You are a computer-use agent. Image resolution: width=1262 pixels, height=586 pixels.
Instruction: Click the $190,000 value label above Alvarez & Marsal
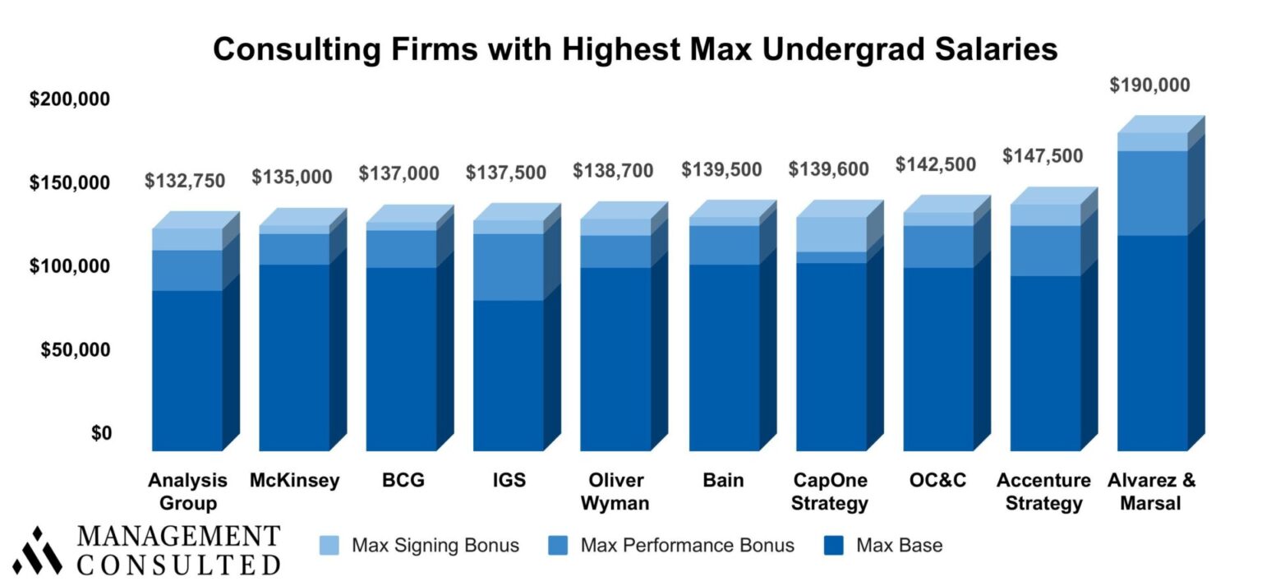(1149, 85)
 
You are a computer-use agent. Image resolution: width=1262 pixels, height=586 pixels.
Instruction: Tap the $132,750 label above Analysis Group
(185, 181)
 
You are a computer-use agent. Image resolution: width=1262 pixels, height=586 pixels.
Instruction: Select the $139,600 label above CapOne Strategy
(828, 169)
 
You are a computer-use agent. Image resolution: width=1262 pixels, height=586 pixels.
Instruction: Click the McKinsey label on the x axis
(294, 481)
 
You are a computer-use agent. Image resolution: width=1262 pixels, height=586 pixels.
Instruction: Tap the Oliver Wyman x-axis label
(615, 491)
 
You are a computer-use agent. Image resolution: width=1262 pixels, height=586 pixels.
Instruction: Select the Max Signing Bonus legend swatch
(329, 545)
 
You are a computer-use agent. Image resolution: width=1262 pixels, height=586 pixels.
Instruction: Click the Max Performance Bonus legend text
(687, 545)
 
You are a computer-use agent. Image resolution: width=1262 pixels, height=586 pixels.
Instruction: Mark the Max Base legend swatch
(835, 545)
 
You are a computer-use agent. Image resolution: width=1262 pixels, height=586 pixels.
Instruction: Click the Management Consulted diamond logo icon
(37, 550)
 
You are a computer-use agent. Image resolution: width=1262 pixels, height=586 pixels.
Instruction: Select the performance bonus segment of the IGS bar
(508, 267)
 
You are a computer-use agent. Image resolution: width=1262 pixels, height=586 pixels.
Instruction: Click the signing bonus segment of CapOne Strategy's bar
(831, 235)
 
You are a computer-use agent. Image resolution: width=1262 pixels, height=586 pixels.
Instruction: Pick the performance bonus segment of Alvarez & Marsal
(1153, 193)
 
